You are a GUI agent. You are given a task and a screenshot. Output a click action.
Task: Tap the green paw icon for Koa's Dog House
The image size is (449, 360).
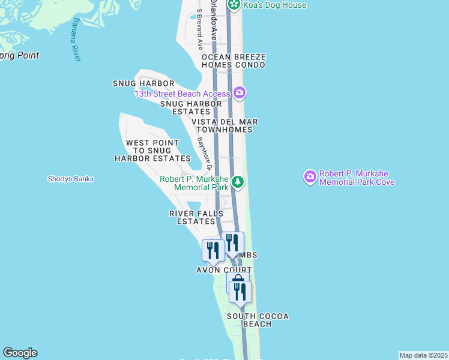234,5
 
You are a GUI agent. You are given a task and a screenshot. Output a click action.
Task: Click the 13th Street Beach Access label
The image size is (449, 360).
182,94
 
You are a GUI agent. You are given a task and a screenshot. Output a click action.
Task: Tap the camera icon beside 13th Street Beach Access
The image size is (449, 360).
240,92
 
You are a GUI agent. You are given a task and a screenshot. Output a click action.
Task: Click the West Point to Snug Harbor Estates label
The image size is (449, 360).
152,151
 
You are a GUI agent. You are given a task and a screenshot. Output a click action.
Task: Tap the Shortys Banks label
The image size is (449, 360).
71,179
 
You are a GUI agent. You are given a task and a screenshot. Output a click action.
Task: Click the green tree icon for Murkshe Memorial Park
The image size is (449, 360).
238,181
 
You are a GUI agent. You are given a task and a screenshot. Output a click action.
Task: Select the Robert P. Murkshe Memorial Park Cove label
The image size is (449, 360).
357,178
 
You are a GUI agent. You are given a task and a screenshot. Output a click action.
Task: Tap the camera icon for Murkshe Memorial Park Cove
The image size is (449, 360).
310,176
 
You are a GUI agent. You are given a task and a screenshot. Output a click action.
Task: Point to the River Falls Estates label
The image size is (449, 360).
196,217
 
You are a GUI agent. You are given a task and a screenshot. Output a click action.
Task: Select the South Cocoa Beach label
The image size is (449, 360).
258,320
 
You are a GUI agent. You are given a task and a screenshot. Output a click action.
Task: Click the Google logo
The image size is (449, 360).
20,353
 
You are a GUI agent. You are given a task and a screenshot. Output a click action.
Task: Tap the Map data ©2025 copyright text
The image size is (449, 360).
423,355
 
